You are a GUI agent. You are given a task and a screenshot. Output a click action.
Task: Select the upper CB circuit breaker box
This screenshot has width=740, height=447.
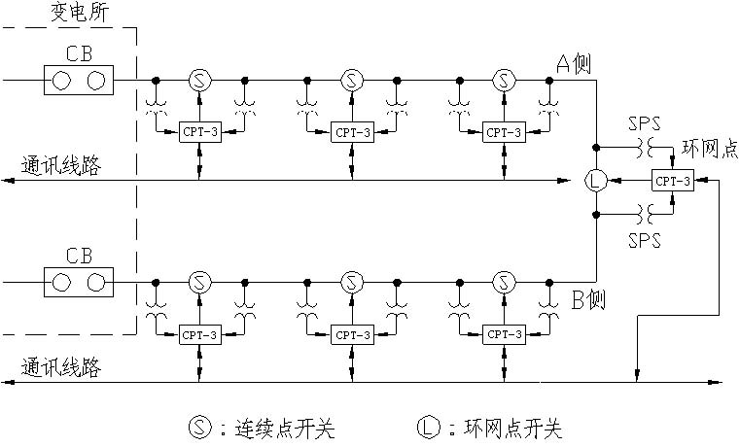(79, 79)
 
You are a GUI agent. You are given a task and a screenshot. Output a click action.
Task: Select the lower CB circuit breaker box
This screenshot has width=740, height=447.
(79, 283)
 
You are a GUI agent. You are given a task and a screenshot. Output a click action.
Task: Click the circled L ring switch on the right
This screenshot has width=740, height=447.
(595, 180)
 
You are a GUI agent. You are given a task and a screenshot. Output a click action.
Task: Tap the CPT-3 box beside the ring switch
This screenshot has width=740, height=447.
(672, 181)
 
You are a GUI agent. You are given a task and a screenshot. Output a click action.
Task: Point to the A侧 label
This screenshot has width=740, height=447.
(576, 64)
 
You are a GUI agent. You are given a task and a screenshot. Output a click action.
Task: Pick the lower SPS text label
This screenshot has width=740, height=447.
(644, 237)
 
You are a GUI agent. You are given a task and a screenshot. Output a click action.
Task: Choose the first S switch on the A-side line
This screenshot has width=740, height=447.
(198, 79)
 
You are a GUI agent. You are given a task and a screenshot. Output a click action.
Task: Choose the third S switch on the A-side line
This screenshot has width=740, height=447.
(503, 79)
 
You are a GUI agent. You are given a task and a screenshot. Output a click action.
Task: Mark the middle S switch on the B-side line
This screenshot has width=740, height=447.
(351, 283)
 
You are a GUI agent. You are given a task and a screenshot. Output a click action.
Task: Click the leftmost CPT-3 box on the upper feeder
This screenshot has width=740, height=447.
(199, 131)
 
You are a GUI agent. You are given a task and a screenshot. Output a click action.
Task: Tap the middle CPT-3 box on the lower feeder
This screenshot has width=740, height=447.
(351, 334)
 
